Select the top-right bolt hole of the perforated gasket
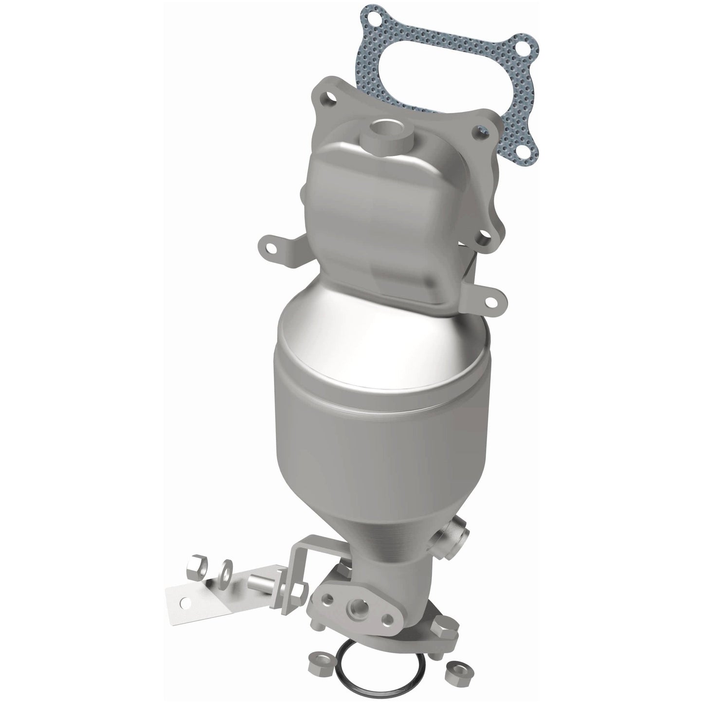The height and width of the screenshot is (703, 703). pos(523,49)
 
